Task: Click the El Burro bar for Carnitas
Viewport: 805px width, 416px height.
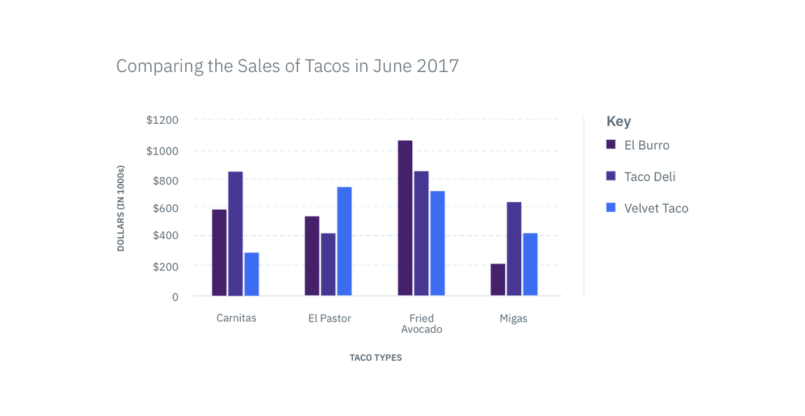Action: tap(219, 252)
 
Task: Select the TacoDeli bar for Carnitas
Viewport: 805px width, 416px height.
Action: tap(235, 234)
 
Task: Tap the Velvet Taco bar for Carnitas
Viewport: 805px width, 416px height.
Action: tap(252, 273)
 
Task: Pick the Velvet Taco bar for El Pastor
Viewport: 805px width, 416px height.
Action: tap(344, 241)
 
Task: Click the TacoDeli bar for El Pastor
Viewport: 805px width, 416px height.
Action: tap(328, 264)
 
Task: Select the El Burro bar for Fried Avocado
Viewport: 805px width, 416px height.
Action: tap(405, 217)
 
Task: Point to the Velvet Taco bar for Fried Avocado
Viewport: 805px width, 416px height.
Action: tap(437, 243)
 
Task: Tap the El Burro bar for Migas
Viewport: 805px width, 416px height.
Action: tap(498, 279)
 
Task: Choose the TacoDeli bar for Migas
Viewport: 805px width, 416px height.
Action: tap(514, 248)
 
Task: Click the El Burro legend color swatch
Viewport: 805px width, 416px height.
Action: tap(611, 145)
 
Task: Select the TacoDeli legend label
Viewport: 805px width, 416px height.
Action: tap(650, 177)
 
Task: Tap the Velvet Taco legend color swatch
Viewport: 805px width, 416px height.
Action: tap(611, 208)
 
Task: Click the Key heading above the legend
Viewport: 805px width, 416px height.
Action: tap(618, 122)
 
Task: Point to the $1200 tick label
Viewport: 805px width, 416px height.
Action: tap(163, 120)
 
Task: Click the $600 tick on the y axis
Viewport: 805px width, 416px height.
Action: tap(166, 208)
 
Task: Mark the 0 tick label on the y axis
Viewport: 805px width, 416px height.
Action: tap(176, 297)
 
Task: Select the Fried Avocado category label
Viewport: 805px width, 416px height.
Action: tap(422, 324)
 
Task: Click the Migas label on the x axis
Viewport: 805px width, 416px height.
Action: tap(514, 319)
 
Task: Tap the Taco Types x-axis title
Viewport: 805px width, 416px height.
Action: tap(376, 357)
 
